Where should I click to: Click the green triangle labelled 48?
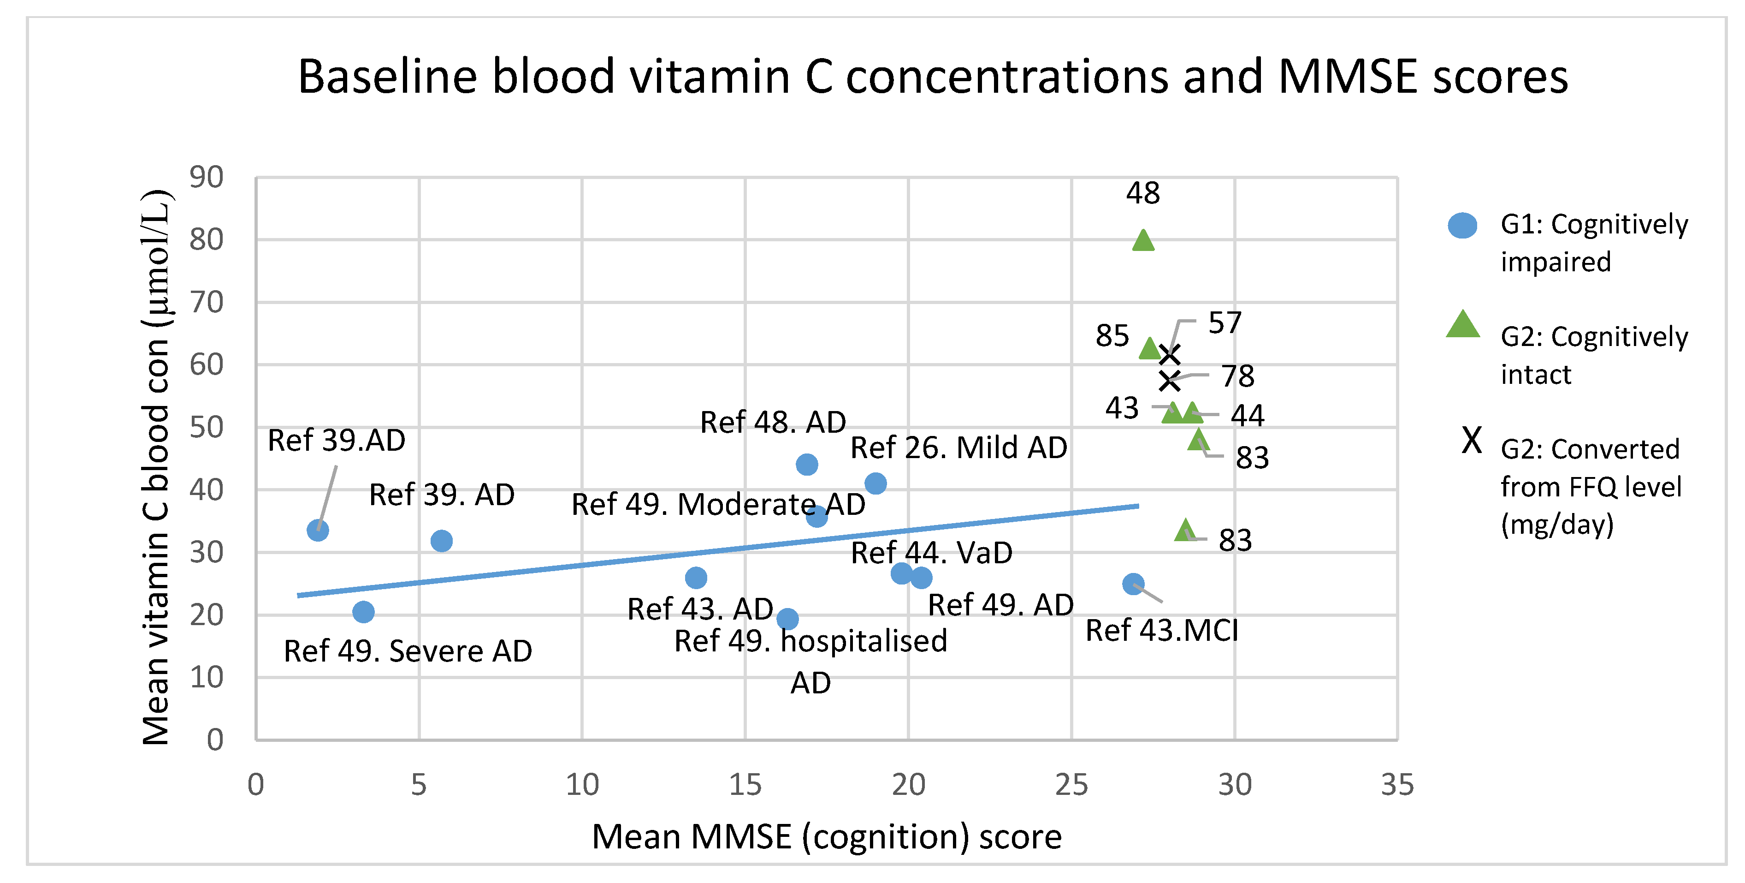tap(1143, 240)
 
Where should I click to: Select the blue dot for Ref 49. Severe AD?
tap(364, 612)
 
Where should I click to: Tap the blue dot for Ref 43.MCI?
tap(1133, 584)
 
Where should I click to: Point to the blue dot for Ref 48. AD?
tap(807, 464)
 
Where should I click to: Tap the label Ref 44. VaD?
tap(931, 553)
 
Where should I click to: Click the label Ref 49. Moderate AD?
tap(718, 504)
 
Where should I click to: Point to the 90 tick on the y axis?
tap(207, 178)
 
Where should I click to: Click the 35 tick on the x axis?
tap(1397, 785)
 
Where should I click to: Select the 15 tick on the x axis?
tap(745, 785)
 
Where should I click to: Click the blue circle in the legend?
tap(1462, 226)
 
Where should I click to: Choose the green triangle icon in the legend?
tap(1462, 325)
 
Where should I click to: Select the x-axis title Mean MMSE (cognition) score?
tap(827, 836)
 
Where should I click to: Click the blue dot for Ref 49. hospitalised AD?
tap(787, 619)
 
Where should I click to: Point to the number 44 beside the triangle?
tap(1247, 415)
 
